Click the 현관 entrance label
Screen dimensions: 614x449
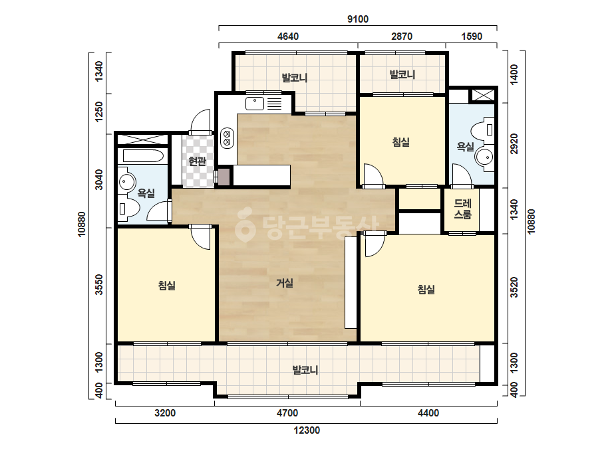point(197,161)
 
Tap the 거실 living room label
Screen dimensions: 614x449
point(285,282)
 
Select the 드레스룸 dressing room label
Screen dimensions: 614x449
point(462,209)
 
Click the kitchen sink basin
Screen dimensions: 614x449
point(255,104)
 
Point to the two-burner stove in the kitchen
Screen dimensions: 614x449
point(227,138)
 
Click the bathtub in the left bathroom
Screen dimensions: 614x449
point(143,156)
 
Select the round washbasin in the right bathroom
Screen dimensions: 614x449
point(485,157)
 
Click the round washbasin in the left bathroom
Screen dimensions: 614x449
point(126,181)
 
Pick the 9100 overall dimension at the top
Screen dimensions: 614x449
point(358,19)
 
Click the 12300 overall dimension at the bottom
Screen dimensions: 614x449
point(307,430)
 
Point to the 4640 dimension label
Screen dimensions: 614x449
point(288,37)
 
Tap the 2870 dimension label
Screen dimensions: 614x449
point(402,37)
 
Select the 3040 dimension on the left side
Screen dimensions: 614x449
point(100,179)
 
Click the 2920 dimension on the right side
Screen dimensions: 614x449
point(514,144)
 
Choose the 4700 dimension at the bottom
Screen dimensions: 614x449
point(287,413)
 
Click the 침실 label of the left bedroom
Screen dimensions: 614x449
point(167,286)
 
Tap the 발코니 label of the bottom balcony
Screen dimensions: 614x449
point(305,369)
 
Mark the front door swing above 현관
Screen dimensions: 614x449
point(200,122)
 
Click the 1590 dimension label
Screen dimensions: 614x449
point(472,37)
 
